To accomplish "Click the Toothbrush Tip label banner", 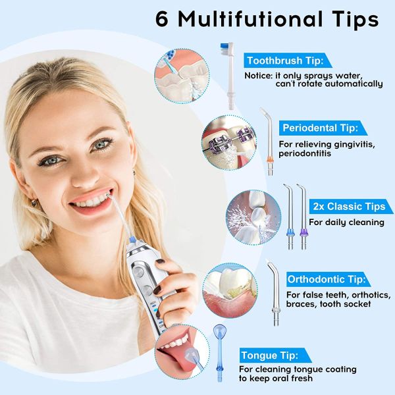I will [x=285, y=61].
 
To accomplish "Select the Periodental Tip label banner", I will [x=320, y=127].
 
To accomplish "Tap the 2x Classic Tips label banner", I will [x=350, y=206].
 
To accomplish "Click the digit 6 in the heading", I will [x=164, y=19].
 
